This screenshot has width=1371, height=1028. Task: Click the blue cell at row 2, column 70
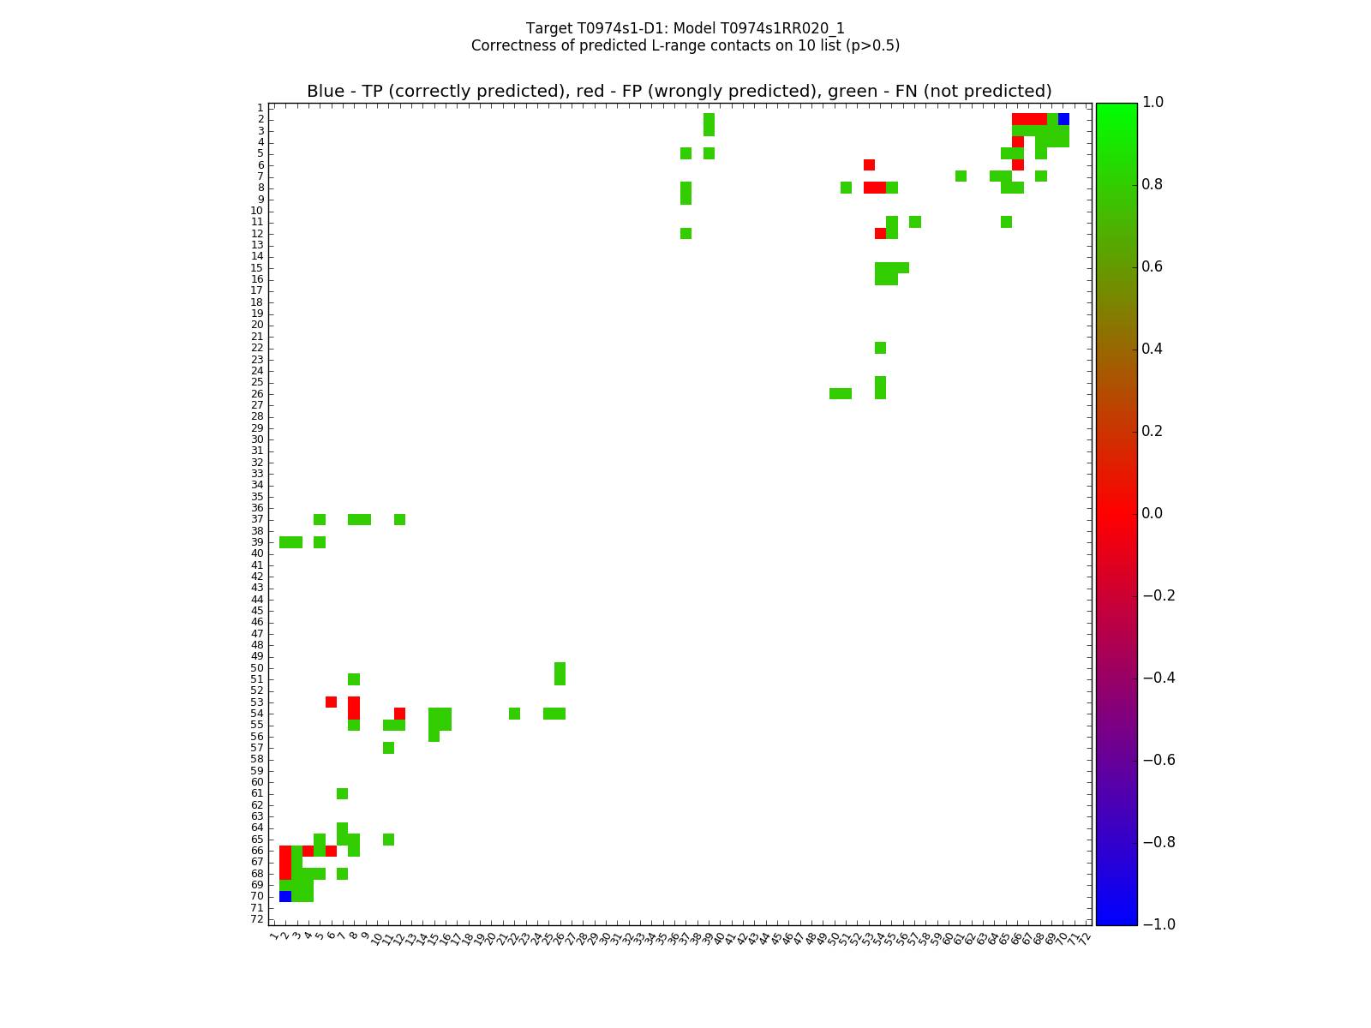click(x=1063, y=119)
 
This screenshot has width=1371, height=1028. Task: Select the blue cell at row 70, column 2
click(x=285, y=896)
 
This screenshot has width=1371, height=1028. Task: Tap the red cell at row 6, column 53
click(x=869, y=164)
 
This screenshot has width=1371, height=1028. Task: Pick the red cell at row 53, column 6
click(x=331, y=702)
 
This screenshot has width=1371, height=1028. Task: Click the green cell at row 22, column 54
click(x=880, y=348)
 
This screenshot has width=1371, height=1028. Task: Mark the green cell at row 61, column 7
click(x=342, y=793)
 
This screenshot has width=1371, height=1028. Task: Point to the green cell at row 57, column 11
click(x=388, y=748)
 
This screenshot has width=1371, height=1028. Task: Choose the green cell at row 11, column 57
click(x=914, y=222)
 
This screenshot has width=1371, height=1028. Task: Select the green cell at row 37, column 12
click(x=399, y=519)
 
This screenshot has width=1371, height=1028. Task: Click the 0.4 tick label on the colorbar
click(x=1157, y=349)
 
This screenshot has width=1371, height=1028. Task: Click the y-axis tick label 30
click(x=257, y=439)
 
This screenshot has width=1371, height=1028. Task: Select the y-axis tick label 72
click(x=257, y=919)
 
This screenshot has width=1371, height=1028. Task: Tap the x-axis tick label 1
click(x=273, y=937)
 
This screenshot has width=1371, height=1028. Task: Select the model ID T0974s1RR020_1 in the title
click(x=784, y=28)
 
